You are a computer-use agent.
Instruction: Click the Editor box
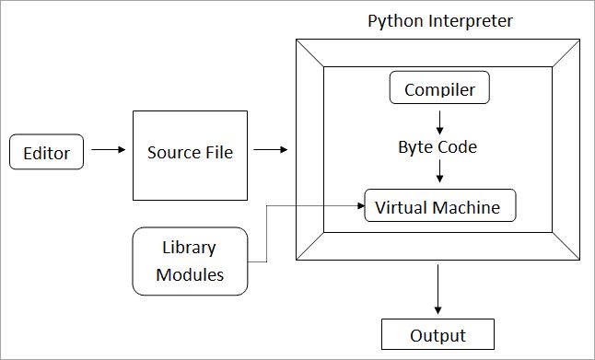tap(47, 152)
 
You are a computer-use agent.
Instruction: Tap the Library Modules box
tap(190, 261)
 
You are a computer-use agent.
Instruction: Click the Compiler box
tap(440, 89)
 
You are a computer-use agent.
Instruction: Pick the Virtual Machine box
tap(438, 206)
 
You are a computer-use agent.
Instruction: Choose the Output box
tap(437, 335)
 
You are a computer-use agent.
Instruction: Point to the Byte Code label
tap(437, 147)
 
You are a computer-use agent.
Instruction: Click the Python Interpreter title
tap(439, 20)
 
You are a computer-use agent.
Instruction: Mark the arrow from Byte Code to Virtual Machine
tap(440, 172)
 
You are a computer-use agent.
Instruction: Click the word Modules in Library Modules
tap(190, 273)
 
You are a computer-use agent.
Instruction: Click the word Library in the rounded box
tap(189, 249)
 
